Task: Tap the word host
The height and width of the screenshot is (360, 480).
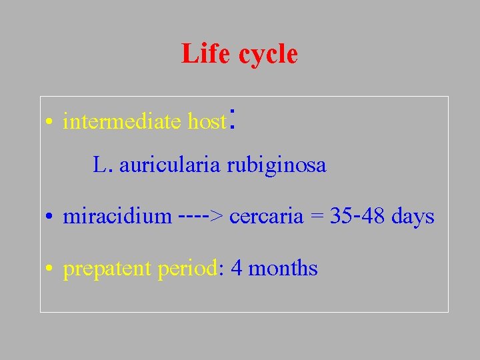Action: tap(207, 122)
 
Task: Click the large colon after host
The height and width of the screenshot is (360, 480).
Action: tap(233, 117)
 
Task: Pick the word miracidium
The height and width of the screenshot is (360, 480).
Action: tap(117, 217)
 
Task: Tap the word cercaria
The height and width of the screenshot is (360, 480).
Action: tap(267, 217)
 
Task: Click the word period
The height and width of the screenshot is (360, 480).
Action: tap(187, 269)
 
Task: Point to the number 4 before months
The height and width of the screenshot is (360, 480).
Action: tap(236, 269)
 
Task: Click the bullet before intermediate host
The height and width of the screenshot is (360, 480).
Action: tap(49, 123)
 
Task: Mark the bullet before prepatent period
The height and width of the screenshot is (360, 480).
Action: tap(49, 270)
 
